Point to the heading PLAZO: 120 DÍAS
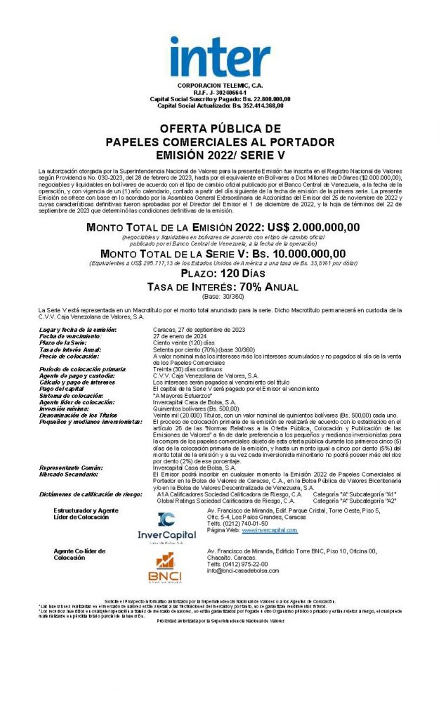220,273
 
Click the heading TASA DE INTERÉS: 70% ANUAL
222,287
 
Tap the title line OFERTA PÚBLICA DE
220,129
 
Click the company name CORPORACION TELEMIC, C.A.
220,84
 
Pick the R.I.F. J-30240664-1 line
220,91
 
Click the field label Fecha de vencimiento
70,335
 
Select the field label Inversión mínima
67,408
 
